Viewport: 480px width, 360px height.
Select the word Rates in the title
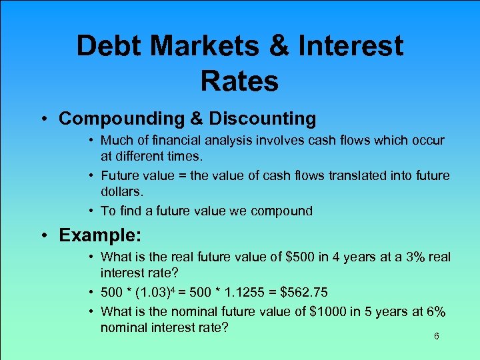[239, 81]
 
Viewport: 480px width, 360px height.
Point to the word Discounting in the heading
[263, 119]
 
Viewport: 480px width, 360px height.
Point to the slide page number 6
[436, 337]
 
